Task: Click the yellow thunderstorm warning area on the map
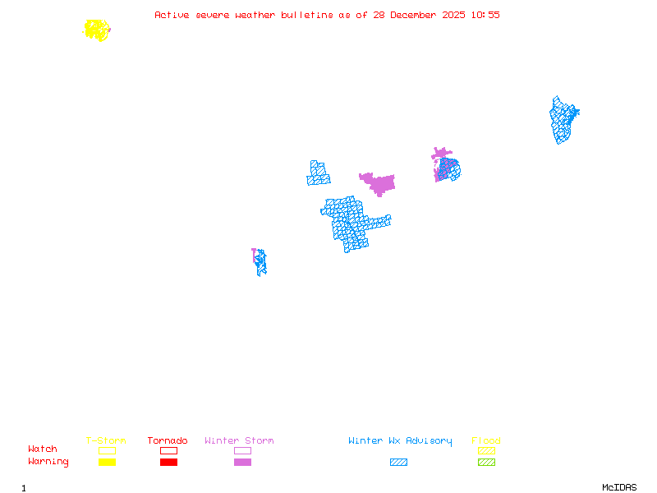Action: tap(97, 30)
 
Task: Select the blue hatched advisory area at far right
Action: tap(563, 120)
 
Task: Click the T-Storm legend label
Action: tap(106, 441)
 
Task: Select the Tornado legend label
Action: tap(168, 441)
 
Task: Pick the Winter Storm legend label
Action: tap(239, 441)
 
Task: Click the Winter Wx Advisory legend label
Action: tap(400, 441)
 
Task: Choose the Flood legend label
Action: tap(486, 441)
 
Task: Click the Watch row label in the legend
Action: tap(43, 449)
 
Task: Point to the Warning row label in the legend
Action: tap(48, 462)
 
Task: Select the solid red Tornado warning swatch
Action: tap(168, 463)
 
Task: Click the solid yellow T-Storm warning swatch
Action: tap(107, 463)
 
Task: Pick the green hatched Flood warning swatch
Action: tap(486, 463)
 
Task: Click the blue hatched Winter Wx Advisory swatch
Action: tap(398, 463)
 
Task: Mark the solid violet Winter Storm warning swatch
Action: tap(242, 463)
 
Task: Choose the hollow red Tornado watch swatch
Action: tap(168, 450)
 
